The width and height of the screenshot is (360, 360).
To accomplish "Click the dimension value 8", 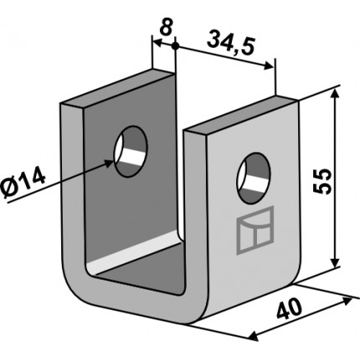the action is pyautogui.click(x=166, y=27).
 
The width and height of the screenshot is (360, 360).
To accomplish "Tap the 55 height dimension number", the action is pyautogui.click(x=321, y=182).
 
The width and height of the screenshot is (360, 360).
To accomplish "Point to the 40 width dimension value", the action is pyautogui.click(x=290, y=309).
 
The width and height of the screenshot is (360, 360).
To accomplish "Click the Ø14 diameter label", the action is pyautogui.click(x=23, y=183).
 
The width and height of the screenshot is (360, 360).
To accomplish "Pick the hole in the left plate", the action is pyautogui.click(x=131, y=152).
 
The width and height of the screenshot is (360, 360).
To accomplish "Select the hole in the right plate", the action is pyautogui.click(x=254, y=177).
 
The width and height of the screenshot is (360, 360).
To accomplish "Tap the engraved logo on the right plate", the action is pyautogui.click(x=255, y=230).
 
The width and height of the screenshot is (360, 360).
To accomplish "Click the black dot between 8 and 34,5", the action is pyautogui.click(x=175, y=46).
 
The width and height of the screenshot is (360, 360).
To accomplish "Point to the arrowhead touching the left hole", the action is pyautogui.click(x=109, y=162).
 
